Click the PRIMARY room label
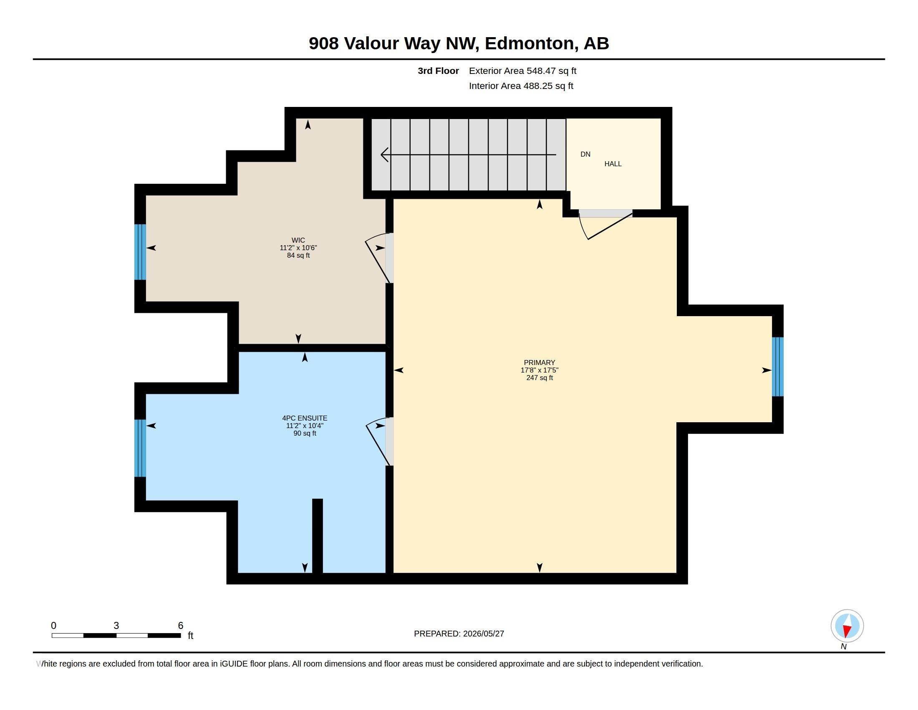coord(539,363)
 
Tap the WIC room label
coord(298,240)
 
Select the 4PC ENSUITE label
coord(304,418)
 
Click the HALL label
coord(613,164)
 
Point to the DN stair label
coord(585,154)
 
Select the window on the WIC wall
coord(140,252)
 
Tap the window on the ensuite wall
coord(140,448)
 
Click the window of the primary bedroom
coord(778,366)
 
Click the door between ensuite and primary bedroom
coord(380,441)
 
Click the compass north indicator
coord(847,626)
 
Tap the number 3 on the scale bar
coord(116,626)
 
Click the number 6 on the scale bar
coord(181,626)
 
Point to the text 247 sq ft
coord(539,378)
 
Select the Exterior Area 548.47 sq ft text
coord(522,71)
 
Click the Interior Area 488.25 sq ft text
coord(521,86)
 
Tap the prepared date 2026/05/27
coord(483,634)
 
